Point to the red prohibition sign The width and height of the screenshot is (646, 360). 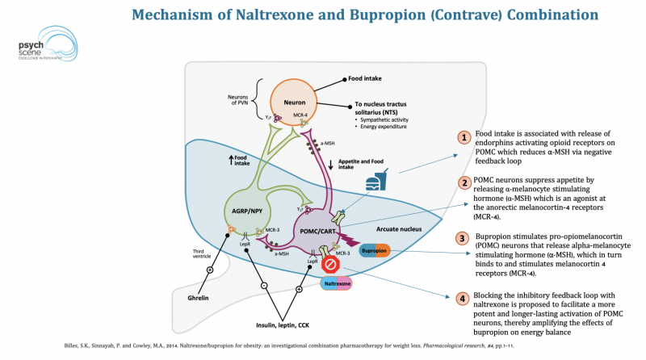pos(329,264)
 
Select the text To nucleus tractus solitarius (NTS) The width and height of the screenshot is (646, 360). pos(386,109)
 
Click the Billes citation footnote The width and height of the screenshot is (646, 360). pos(242,345)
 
